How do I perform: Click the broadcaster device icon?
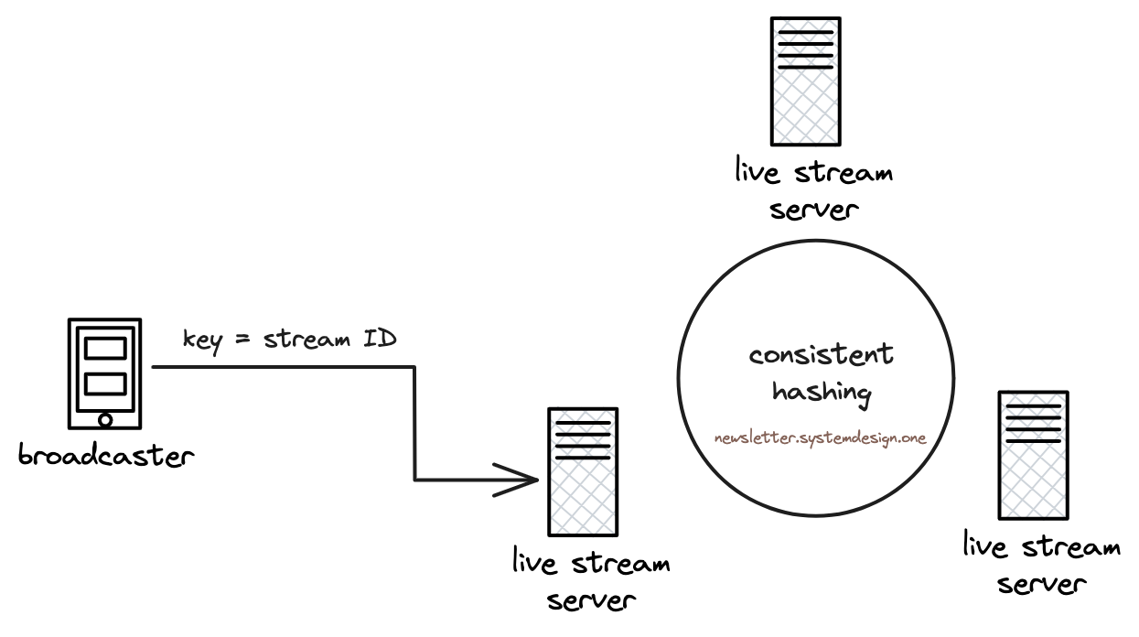pos(105,373)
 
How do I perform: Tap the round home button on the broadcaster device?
pos(105,420)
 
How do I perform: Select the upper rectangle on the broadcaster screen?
pos(105,348)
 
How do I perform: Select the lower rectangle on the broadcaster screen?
pos(105,384)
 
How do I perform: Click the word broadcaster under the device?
pos(107,455)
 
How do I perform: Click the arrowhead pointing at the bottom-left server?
pos(521,479)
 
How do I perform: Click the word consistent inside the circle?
pos(821,355)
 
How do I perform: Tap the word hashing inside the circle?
pos(822,392)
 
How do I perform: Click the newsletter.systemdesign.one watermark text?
pos(821,437)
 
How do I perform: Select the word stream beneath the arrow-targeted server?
pos(620,563)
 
